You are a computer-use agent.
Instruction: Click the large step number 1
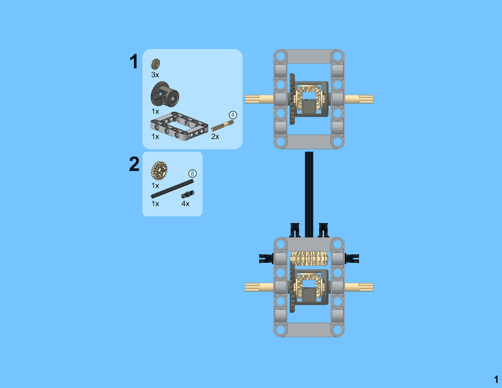click(x=134, y=61)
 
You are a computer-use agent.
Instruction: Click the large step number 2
click(x=134, y=164)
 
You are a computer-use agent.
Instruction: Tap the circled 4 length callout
click(x=233, y=115)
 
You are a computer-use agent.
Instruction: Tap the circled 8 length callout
click(x=192, y=174)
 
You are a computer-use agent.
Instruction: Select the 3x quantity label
click(x=155, y=74)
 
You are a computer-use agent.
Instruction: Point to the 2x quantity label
click(x=215, y=137)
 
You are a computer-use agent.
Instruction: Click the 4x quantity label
click(x=186, y=204)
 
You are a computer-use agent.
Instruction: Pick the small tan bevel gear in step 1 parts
click(x=155, y=64)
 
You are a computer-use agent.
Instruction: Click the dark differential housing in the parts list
click(x=164, y=94)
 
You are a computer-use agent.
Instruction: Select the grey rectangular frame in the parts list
click(x=179, y=126)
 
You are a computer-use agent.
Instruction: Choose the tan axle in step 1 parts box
click(x=222, y=126)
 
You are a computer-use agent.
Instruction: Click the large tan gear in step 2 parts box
click(x=159, y=171)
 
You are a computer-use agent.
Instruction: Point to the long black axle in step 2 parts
click(x=172, y=189)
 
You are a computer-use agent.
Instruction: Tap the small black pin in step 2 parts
click(x=188, y=194)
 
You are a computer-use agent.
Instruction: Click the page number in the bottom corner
click(x=496, y=380)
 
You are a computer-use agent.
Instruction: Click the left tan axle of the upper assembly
click(x=259, y=99)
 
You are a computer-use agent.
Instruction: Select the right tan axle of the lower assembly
click(x=359, y=287)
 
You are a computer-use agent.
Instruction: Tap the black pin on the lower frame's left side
click(x=266, y=258)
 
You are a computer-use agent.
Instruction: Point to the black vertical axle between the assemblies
click(x=309, y=194)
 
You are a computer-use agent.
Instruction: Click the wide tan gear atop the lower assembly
click(x=309, y=258)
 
